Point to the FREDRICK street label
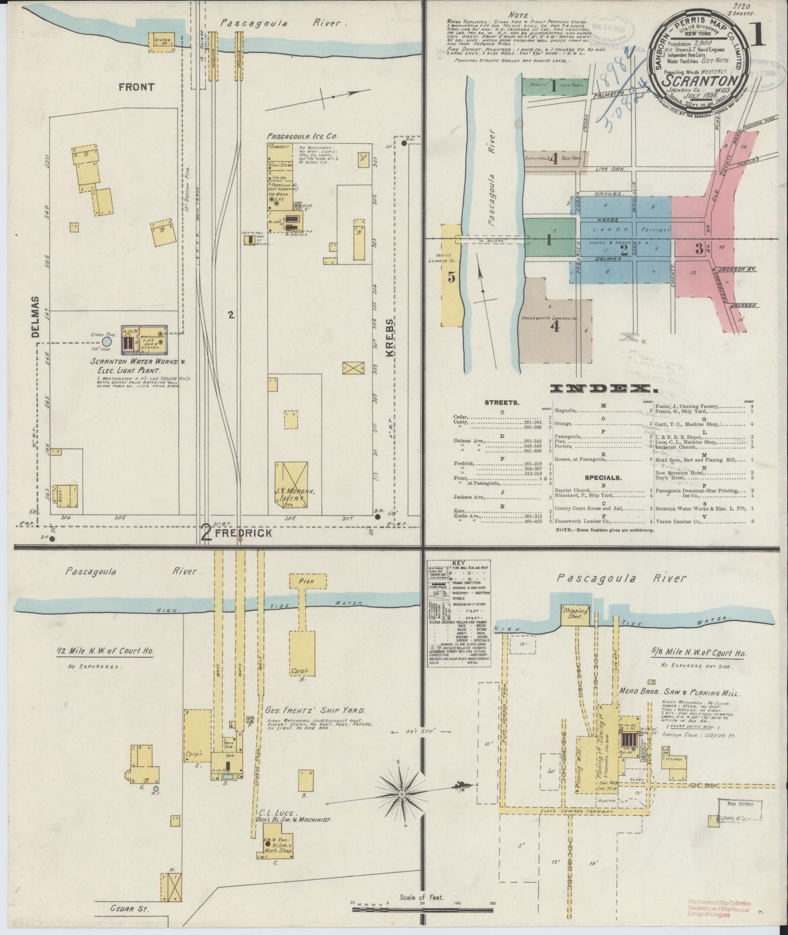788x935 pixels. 243,533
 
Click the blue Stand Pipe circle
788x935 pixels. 107,341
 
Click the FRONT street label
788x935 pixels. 137,86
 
